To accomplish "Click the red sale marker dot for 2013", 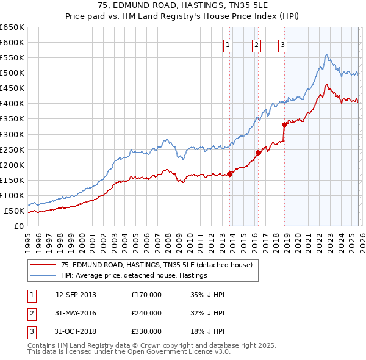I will tap(230, 174).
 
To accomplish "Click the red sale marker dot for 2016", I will tap(258, 153).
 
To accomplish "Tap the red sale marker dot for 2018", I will tap(284, 124).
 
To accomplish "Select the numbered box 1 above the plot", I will tap(228, 44).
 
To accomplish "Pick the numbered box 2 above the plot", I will tap(256, 44).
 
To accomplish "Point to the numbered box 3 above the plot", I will tap(282, 44).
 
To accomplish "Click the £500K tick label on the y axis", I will tap(12, 73).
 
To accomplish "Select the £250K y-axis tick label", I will tap(12, 149).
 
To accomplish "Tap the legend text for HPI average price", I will tap(134, 275).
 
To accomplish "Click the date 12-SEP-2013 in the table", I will tap(76, 295).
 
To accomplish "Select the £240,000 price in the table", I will tap(146, 313).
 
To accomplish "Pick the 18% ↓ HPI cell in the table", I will tap(207, 331).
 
